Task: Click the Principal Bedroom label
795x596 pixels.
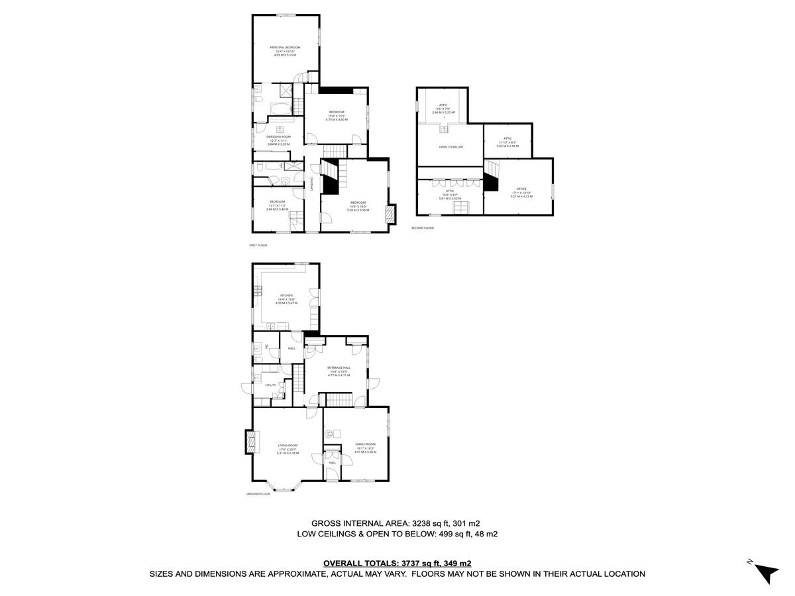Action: (x=285, y=48)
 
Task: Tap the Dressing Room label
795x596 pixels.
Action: (x=278, y=136)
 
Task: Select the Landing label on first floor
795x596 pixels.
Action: (x=311, y=183)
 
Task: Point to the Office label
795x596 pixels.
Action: (x=521, y=189)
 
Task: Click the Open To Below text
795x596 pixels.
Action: (x=450, y=146)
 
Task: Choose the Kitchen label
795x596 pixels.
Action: (x=286, y=295)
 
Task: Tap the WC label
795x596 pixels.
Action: (x=267, y=346)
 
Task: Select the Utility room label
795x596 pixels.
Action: (x=270, y=385)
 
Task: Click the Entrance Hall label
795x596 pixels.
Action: (x=339, y=368)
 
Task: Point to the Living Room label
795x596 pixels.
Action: (x=288, y=446)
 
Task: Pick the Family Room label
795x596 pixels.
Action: (x=365, y=444)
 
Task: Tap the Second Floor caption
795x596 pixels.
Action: (x=422, y=228)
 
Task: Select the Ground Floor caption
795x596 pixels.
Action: (x=258, y=493)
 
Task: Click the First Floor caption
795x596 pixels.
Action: (x=257, y=245)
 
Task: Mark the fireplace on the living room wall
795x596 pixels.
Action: (x=249, y=442)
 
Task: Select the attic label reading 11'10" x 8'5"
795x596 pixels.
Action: (x=507, y=138)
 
